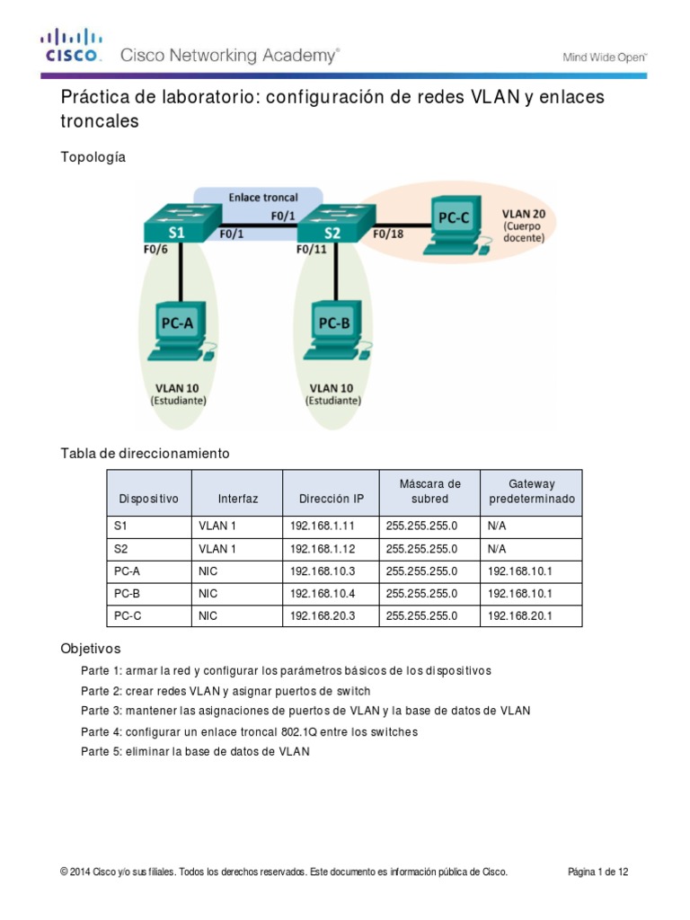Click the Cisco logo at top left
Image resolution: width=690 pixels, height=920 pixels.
[72, 45]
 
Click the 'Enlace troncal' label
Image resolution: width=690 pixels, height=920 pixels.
[263, 197]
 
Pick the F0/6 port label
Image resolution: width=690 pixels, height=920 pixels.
[155, 252]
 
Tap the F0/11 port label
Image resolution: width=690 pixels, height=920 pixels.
[313, 252]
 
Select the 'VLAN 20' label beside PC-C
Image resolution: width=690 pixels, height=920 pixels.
[529, 215]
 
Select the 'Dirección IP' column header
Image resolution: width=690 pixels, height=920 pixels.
[332, 499]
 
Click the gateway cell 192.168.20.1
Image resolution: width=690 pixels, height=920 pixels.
[520, 616]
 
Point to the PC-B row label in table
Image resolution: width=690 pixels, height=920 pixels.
[128, 593]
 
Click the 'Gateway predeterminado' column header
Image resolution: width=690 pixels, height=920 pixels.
[532, 491]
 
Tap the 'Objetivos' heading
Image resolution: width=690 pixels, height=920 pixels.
[90, 648]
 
